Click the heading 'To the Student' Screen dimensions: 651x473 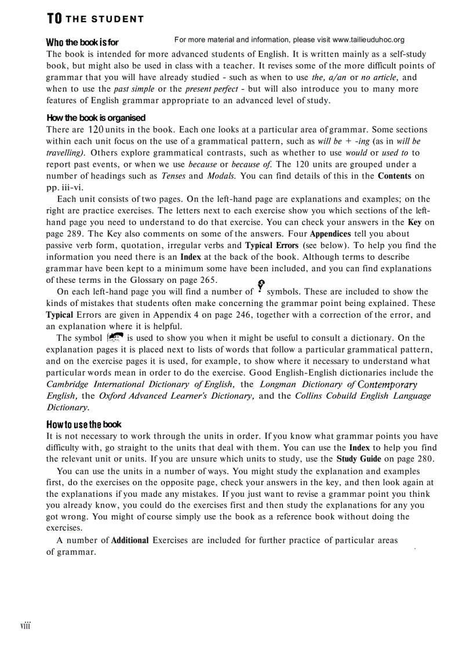(95, 19)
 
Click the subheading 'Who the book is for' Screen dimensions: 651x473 (82, 42)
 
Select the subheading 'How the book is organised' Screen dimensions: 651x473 (96, 118)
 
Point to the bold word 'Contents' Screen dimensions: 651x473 (394, 176)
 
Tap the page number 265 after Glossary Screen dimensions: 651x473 (206, 280)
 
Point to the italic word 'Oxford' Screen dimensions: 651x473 (112, 396)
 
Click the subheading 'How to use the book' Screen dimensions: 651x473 (84, 424)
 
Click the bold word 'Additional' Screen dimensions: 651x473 (130, 540)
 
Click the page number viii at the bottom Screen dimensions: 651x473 (25, 625)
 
